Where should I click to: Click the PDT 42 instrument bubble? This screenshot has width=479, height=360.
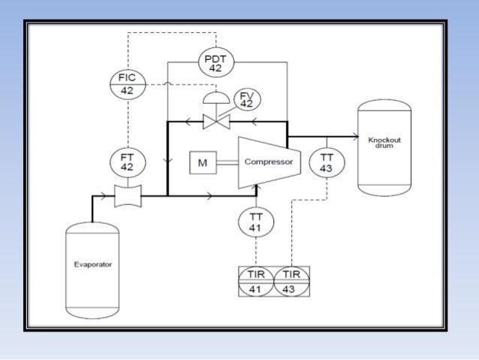pyautogui.click(x=215, y=63)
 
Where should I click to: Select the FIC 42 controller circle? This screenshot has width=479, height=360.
pyautogui.click(x=127, y=83)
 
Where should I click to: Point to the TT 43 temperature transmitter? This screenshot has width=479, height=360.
pyautogui.click(x=326, y=162)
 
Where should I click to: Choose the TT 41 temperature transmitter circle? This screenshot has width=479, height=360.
pyautogui.click(x=256, y=222)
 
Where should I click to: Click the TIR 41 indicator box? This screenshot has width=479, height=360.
pyautogui.click(x=256, y=281)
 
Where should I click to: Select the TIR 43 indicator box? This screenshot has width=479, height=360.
pyautogui.click(x=291, y=281)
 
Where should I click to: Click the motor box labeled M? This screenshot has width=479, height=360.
pyautogui.click(x=202, y=162)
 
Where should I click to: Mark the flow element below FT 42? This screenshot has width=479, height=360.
pyautogui.click(x=127, y=198)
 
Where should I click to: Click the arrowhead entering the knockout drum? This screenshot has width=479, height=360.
pyautogui.click(x=353, y=137)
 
